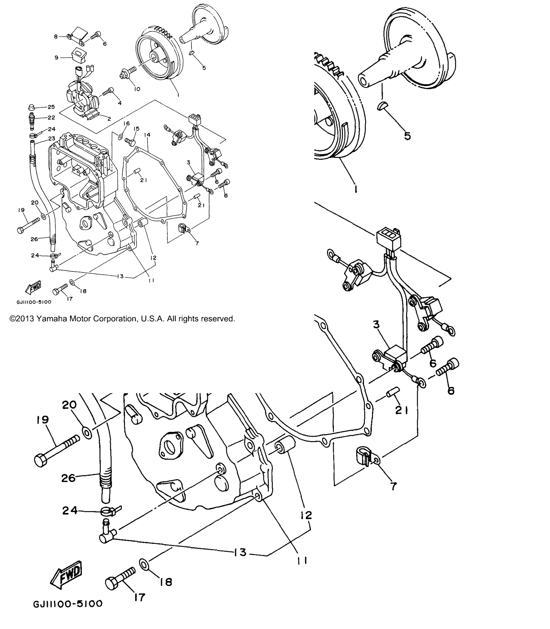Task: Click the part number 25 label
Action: click(51, 107)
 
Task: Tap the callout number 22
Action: click(51, 118)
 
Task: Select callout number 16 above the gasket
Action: click(126, 123)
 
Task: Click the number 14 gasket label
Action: click(147, 135)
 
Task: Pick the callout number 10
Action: click(137, 89)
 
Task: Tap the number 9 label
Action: click(56, 57)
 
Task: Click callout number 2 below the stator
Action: click(109, 119)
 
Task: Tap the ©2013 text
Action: click(22, 319)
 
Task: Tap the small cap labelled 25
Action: click(31, 107)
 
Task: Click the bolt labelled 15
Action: click(130, 141)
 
